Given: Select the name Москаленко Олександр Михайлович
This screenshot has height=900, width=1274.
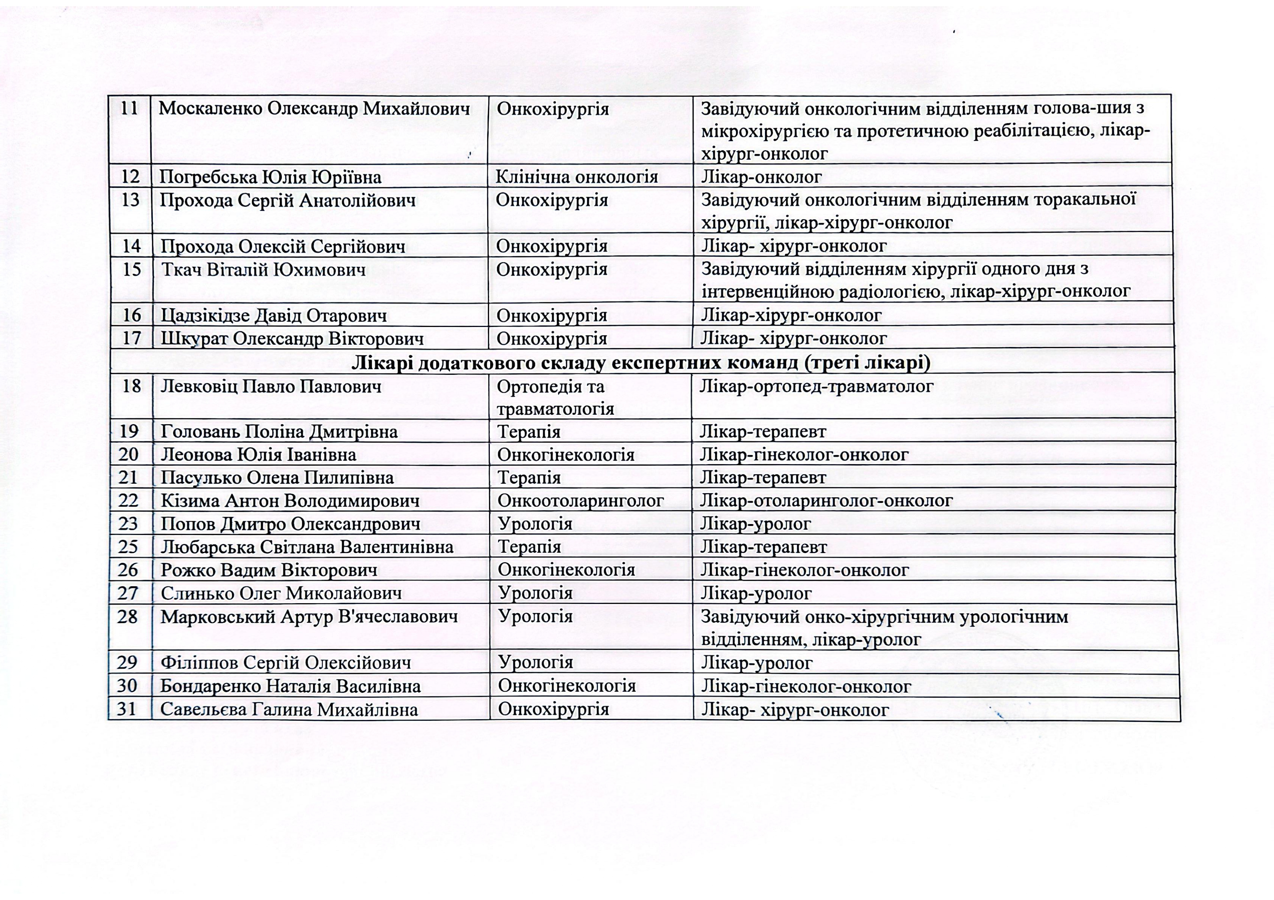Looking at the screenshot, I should pyautogui.click(x=314, y=109).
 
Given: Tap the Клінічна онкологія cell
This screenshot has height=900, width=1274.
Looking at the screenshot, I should pyautogui.click(x=577, y=177).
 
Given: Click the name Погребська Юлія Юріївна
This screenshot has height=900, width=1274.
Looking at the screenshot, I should pyautogui.click(x=270, y=177).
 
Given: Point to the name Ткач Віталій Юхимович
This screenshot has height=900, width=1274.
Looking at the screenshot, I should pyautogui.click(x=264, y=270).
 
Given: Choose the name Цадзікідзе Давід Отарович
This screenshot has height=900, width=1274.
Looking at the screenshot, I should pyautogui.click(x=273, y=315).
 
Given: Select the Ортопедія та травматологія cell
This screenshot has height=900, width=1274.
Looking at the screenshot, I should pyautogui.click(x=555, y=398).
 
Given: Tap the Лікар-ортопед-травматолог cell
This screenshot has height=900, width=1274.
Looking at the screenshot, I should pyautogui.click(x=816, y=386).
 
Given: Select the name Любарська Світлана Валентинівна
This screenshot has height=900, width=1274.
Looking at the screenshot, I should pyautogui.click(x=307, y=547).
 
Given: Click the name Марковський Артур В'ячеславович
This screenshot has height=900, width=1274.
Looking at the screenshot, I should pyautogui.click(x=309, y=617).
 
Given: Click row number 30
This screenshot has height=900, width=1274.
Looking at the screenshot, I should pyautogui.click(x=127, y=686).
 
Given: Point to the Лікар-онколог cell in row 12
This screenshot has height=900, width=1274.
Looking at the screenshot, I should pyautogui.click(x=761, y=177).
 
